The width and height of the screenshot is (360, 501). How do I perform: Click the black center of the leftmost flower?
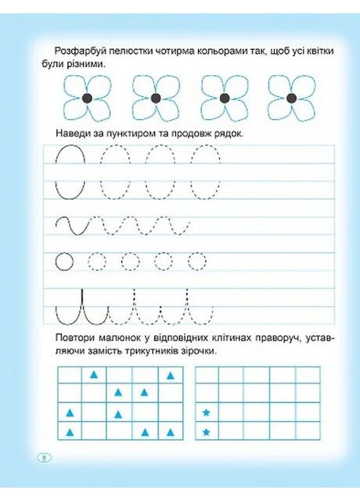(x=87, y=97)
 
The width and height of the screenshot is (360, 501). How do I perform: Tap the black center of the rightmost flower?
(x=292, y=97)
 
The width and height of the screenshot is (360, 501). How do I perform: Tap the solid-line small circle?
(x=65, y=260)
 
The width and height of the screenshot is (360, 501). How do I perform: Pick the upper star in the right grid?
(x=207, y=412)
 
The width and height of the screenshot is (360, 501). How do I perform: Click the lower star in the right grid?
(x=207, y=431)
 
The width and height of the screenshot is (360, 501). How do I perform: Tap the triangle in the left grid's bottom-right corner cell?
(x=170, y=431)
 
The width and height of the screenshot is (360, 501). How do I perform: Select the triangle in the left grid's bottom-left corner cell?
(x=70, y=431)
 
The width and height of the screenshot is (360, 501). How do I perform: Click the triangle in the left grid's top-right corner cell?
(x=170, y=375)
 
